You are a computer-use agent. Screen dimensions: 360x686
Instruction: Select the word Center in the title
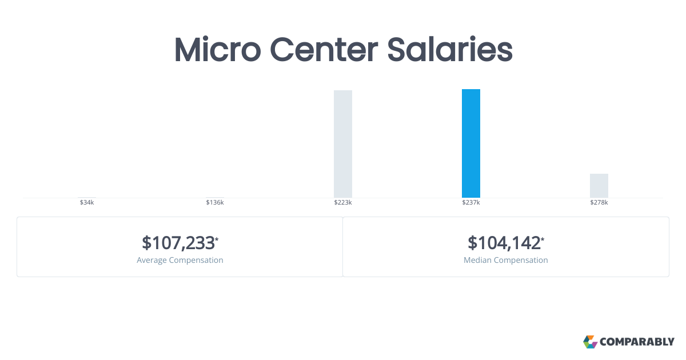(324, 50)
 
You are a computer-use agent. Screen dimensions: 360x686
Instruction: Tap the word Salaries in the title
(450, 50)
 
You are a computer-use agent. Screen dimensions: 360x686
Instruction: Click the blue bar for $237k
(471, 143)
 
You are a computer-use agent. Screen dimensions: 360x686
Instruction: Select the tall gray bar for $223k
(343, 144)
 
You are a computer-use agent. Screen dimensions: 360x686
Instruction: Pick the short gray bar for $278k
(599, 186)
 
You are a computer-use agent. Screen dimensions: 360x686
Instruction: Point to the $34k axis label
(87, 203)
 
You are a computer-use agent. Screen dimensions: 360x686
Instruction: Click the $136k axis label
(215, 203)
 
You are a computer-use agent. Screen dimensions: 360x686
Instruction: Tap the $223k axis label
(343, 203)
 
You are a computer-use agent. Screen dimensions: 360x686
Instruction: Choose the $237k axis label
(471, 203)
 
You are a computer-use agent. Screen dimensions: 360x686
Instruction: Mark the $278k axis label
(599, 203)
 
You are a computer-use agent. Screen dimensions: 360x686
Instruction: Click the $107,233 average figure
(178, 243)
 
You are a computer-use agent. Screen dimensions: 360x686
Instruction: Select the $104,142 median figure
(504, 243)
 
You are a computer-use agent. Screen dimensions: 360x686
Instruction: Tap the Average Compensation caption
(180, 260)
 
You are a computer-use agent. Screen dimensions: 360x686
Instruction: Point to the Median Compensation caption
(506, 260)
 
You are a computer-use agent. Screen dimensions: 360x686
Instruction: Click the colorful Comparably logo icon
(590, 342)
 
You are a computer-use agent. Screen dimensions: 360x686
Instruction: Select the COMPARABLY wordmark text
(637, 342)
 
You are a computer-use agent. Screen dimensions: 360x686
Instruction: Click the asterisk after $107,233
(217, 238)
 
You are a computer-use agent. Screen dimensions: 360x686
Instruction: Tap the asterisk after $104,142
(543, 238)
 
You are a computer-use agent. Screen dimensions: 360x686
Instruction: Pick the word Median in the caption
(477, 260)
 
